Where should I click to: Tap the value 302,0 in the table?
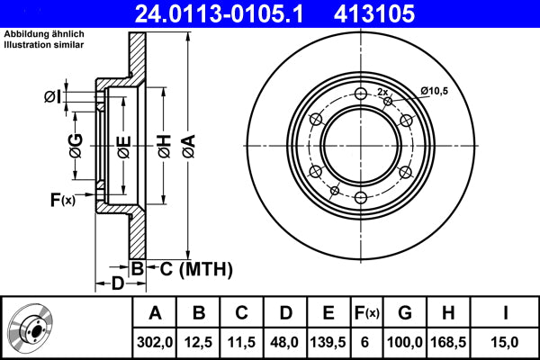point(155,340)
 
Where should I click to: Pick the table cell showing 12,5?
point(199,340)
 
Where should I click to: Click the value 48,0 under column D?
point(285,340)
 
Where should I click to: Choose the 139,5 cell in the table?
point(328,340)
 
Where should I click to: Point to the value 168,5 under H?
point(448,340)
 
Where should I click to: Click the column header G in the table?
point(405,313)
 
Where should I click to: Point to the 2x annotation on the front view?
point(382,92)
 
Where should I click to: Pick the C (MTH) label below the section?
point(192,267)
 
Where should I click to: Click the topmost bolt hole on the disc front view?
point(361,94)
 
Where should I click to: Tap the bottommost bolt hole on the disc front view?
point(361,197)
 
